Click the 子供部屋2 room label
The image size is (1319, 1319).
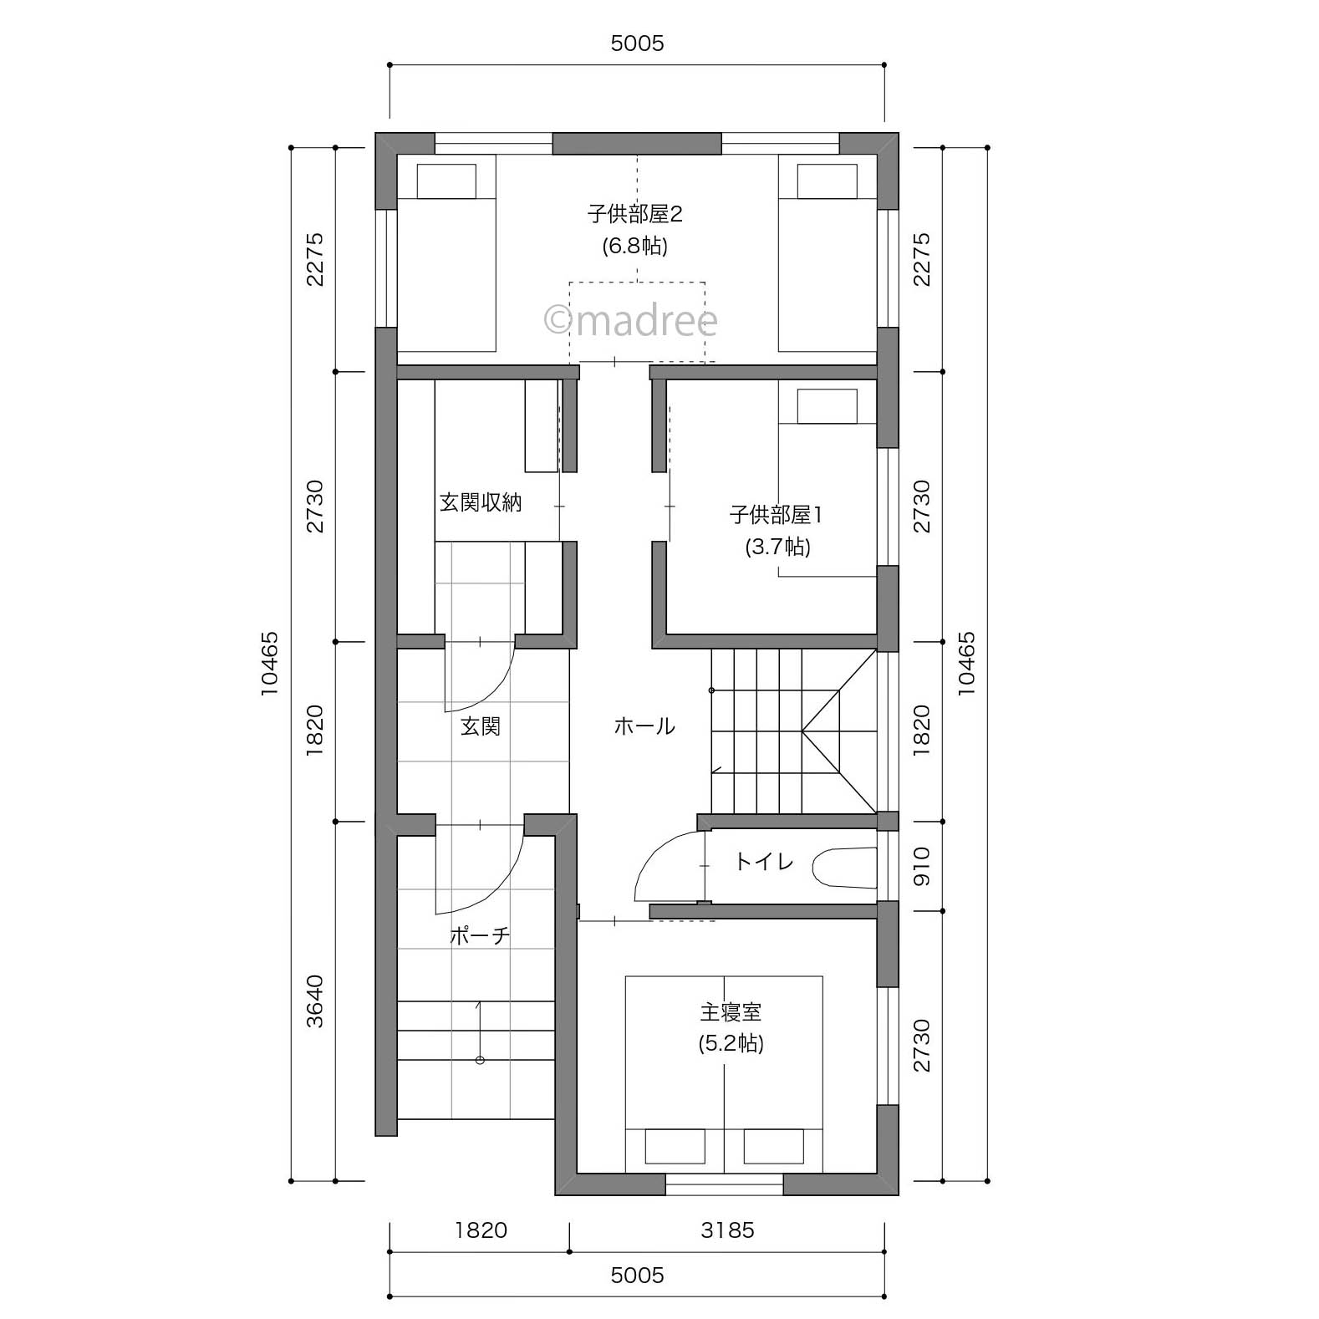pos(635,215)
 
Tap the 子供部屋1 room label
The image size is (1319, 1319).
pos(777,515)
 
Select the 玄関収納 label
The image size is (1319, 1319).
pos(481,502)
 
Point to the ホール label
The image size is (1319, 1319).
pos(644,726)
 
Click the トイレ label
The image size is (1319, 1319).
pos(763,861)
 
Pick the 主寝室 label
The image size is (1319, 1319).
pos(731,1012)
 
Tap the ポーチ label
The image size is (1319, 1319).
pos(480,935)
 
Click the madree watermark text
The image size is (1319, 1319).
pos(631,320)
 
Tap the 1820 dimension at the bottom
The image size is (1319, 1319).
pos(481,1230)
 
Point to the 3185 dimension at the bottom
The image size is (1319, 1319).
pos(727,1230)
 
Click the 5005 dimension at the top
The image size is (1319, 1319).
pos(637,43)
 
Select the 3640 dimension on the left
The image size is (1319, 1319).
pos(314,1001)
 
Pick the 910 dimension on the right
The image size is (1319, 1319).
pos(921,867)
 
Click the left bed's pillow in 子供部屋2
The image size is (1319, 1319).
pos(446,181)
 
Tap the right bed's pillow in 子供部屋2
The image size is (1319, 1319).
pos(827,181)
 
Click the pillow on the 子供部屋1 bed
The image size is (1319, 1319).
pos(827,406)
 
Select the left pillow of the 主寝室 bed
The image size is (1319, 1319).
pos(675,1147)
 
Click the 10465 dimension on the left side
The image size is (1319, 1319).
pos(269,665)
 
